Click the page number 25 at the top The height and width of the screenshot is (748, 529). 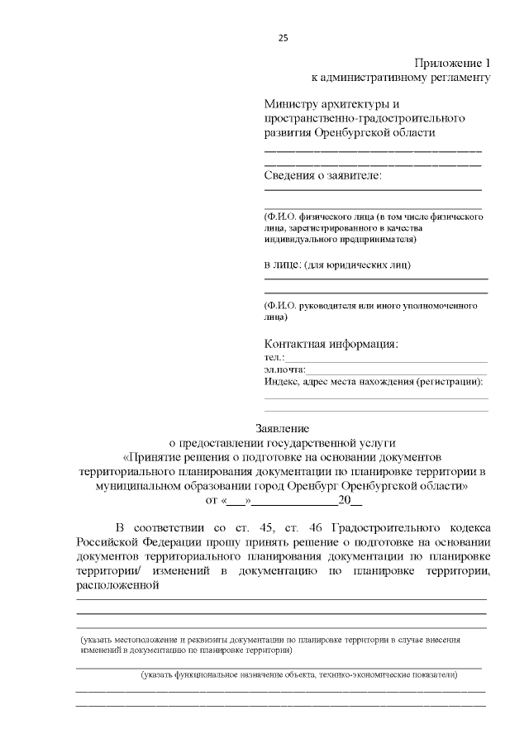coord(283,38)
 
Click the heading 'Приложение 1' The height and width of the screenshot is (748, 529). coord(452,64)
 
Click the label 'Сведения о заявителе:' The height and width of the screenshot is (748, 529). coord(323,175)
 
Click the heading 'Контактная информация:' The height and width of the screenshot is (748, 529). coord(331,343)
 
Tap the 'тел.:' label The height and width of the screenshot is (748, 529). coord(274,357)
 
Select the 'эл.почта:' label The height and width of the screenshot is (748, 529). coord(284,369)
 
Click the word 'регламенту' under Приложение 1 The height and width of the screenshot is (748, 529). coord(457,79)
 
